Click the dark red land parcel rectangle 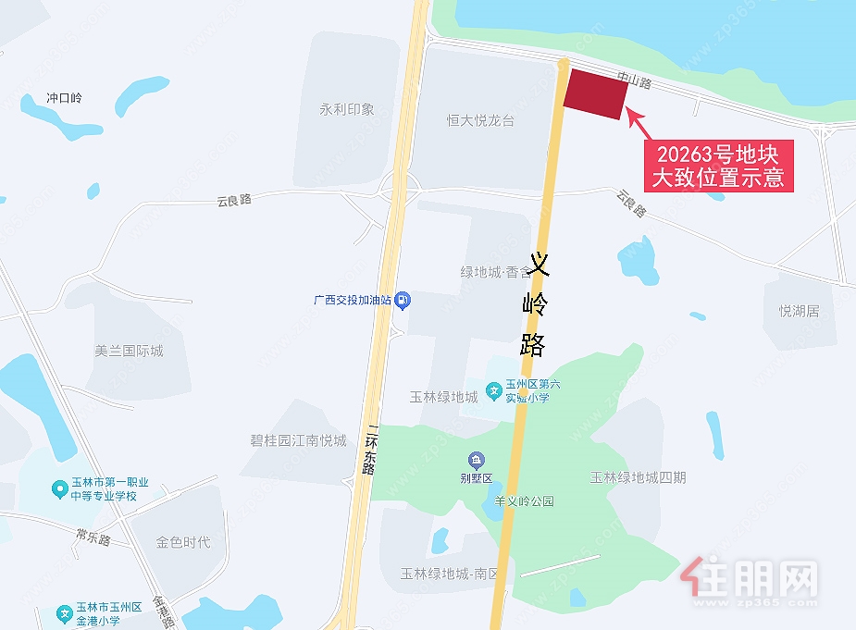[x=596, y=93]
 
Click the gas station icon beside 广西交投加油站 [x=403, y=300]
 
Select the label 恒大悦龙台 [x=480, y=120]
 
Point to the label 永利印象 [x=347, y=109]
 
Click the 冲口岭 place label [x=65, y=98]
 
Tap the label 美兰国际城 [x=129, y=352]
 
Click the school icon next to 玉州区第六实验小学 [x=495, y=390]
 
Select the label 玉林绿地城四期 [x=639, y=477]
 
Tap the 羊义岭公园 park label [x=524, y=501]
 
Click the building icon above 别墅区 [x=476, y=460]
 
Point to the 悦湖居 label [x=799, y=311]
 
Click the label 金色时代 [x=183, y=541]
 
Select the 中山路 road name [x=636, y=82]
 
